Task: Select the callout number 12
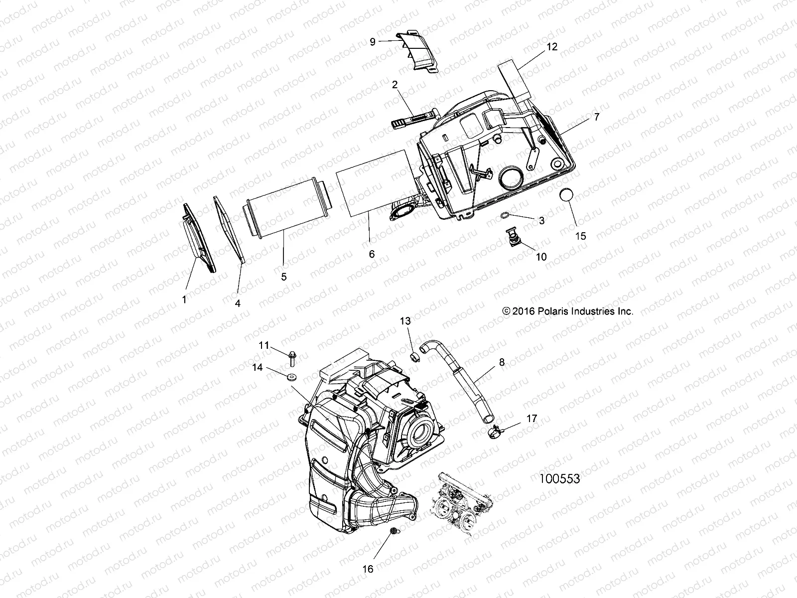pos(551,47)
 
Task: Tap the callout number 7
pos(583,118)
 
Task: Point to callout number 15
pos(581,236)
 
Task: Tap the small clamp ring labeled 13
pos(414,356)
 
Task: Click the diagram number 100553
pos(560,479)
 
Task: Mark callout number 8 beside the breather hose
pos(502,362)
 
